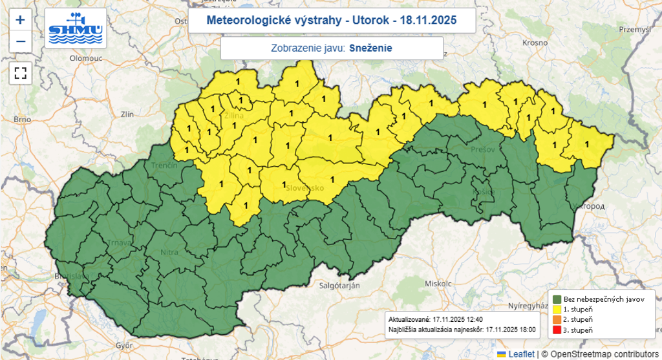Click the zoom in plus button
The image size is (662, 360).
click(20, 19)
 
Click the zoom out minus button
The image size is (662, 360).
click(20, 41)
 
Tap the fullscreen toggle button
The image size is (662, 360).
click(20, 72)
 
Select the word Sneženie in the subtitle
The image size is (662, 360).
click(371, 48)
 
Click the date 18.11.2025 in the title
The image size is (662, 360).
click(428, 21)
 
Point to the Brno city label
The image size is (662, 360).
click(23, 120)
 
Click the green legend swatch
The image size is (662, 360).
click(557, 299)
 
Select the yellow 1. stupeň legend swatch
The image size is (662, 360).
click(557, 310)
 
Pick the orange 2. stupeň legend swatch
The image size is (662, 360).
click(557, 320)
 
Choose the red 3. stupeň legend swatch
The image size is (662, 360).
click(557, 330)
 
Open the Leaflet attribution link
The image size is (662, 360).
click(520, 354)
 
